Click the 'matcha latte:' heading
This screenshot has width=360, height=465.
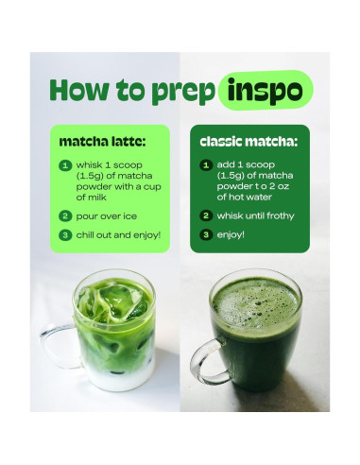coord(101,143)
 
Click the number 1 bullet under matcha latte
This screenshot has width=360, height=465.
coord(65,164)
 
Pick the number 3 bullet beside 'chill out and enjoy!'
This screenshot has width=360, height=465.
coord(65,234)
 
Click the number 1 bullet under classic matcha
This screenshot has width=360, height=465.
coord(205,164)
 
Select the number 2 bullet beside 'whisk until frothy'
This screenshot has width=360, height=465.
coord(205,215)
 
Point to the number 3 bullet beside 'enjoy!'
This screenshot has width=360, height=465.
coord(205,233)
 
